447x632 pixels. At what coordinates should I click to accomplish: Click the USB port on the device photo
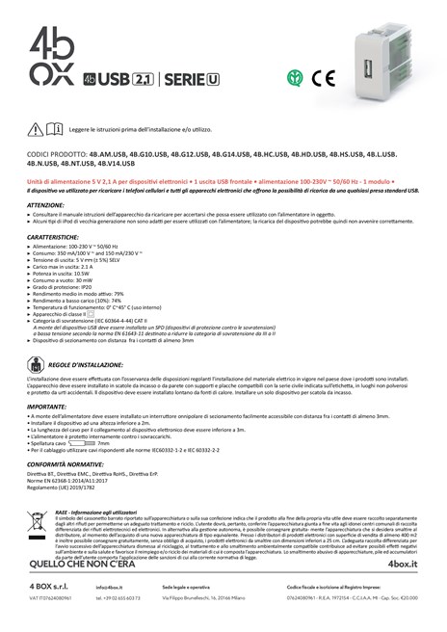(x=367, y=70)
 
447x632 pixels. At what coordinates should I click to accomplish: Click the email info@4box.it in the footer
(x=109, y=586)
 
